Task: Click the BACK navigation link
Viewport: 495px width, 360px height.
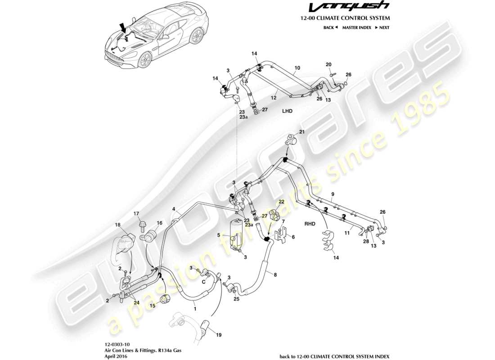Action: (x=330, y=28)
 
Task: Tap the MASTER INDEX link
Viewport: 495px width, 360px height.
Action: (x=356, y=28)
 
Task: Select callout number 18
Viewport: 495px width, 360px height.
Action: (x=117, y=225)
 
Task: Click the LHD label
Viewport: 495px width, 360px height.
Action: (x=287, y=110)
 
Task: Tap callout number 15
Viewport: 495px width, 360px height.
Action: (x=152, y=306)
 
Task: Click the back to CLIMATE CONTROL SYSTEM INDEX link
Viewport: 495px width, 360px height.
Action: (x=334, y=355)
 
